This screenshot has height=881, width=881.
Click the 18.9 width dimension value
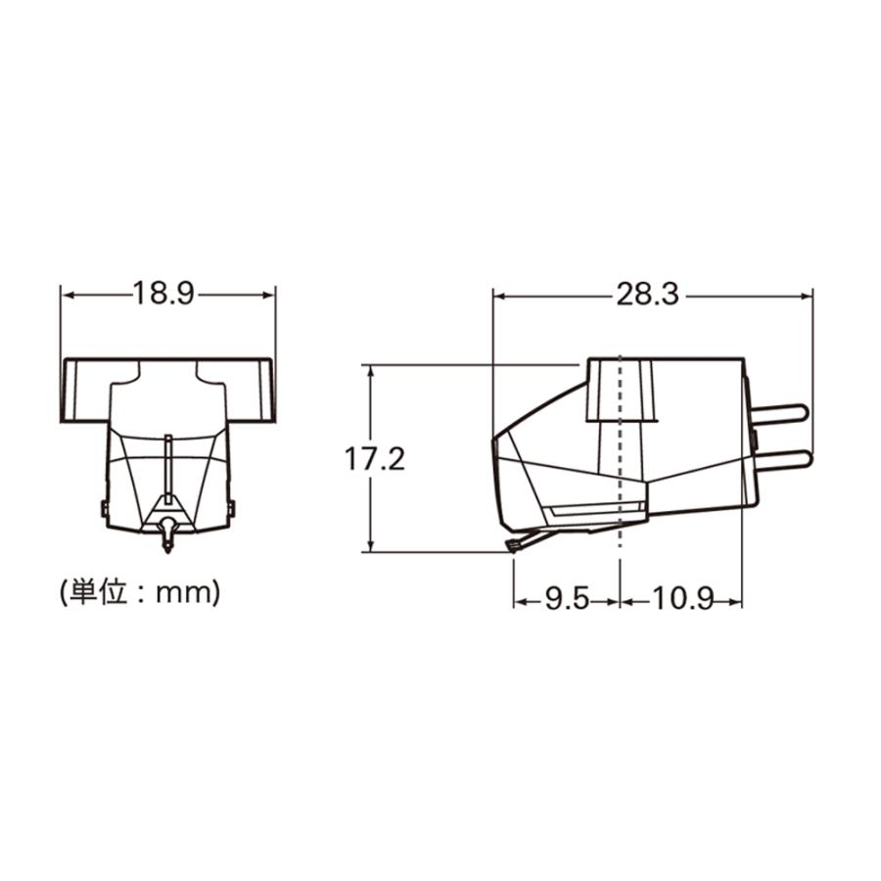coord(167,294)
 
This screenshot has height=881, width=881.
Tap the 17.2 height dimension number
coord(375,458)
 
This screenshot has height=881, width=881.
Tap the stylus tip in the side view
coord(511,545)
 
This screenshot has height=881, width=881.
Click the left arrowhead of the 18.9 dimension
coord(67,294)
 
